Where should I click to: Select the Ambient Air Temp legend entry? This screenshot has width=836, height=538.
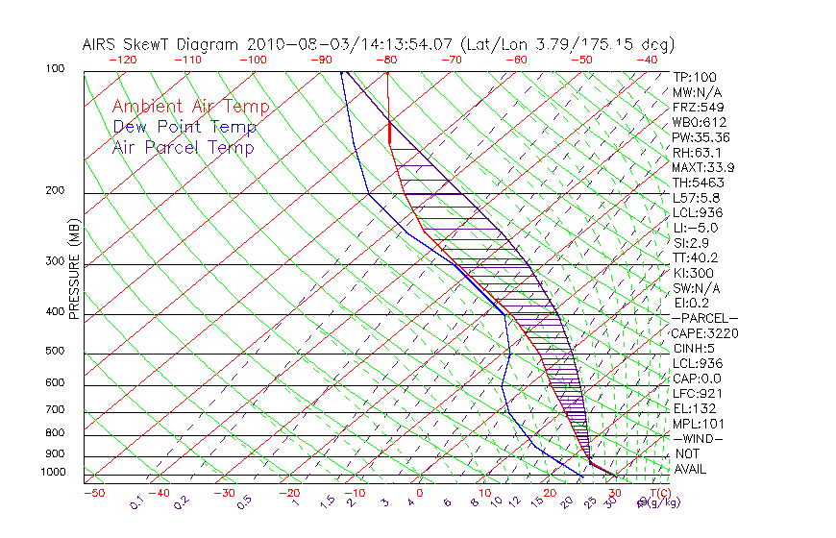point(191,107)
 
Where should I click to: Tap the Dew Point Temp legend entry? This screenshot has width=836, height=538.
point(184,127)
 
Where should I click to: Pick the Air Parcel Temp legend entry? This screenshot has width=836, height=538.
point(184,147)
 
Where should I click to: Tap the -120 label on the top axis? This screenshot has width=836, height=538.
point(122,60)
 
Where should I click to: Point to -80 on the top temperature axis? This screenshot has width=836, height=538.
point(387,60)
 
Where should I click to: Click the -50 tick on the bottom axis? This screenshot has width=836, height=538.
point(93,493)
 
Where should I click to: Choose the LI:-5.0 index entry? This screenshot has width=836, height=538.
point(695,228)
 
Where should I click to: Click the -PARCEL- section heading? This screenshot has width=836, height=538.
point(704,318)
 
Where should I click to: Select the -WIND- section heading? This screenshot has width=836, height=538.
point(698,438)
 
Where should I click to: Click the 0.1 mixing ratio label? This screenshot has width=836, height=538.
point(137,501)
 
